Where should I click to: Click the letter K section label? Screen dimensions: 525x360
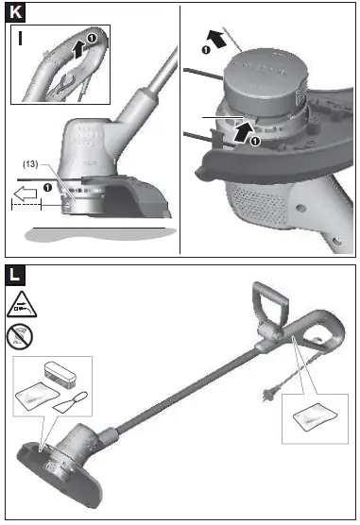point(14,12)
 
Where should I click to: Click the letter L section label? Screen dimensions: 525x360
point(14,275)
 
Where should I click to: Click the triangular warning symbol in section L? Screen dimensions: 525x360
point(20,304)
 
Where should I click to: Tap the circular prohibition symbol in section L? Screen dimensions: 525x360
point(20,335)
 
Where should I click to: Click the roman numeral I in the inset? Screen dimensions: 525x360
point(21,39)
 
